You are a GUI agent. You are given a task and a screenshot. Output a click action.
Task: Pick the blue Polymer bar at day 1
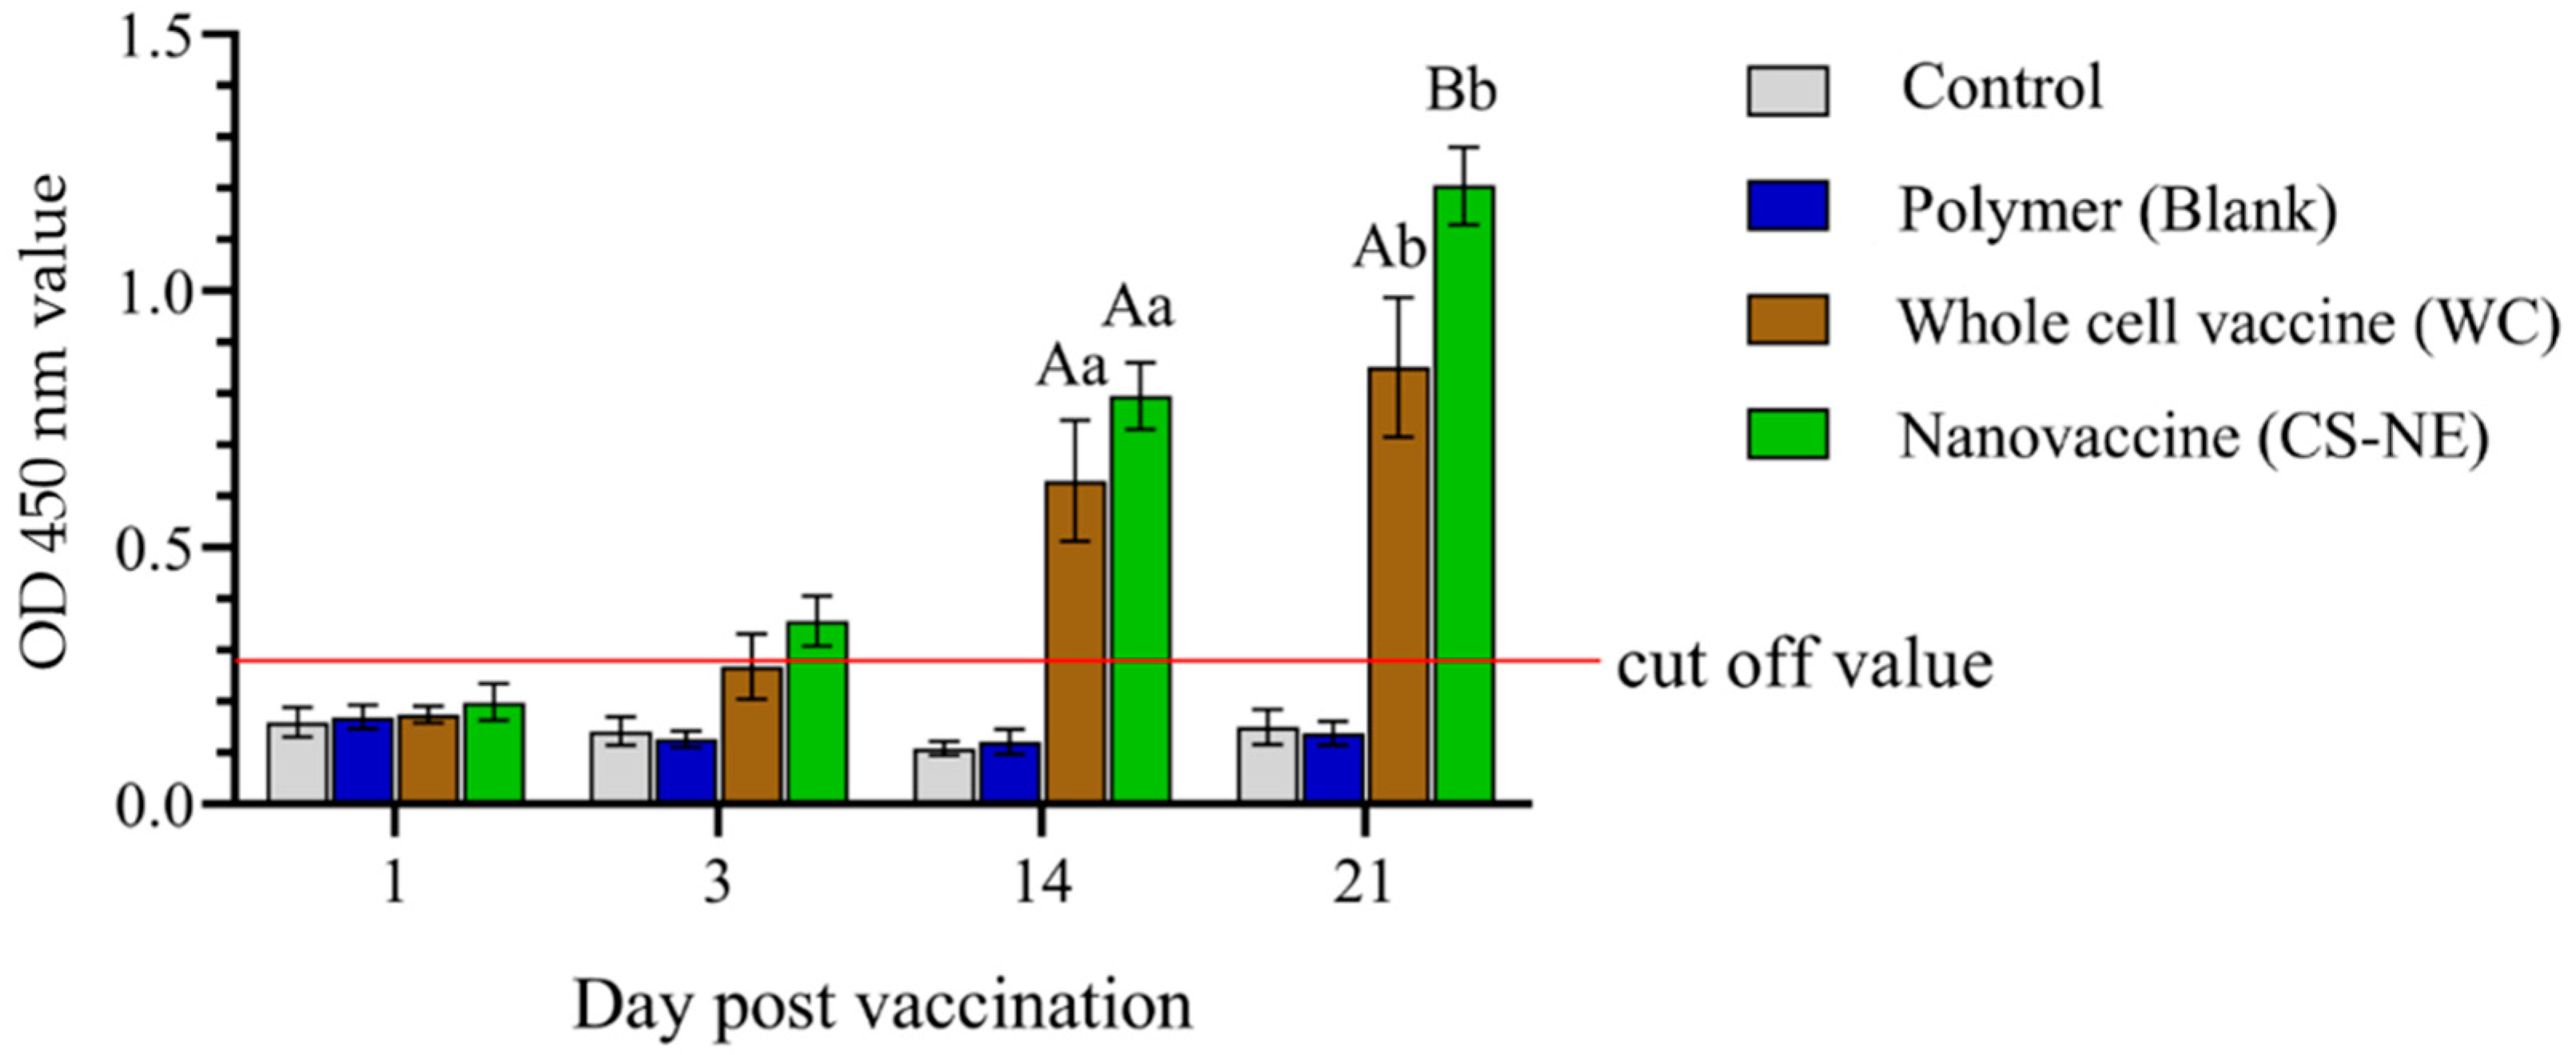[362, 758]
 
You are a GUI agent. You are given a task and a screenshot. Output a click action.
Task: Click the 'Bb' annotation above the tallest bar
[1462, 92]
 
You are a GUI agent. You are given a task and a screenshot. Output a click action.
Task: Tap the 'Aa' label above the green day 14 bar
[1138, 308]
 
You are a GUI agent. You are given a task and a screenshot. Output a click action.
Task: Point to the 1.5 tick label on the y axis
[160, 36]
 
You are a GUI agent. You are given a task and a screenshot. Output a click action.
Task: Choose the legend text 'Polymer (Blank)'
[2116, 209]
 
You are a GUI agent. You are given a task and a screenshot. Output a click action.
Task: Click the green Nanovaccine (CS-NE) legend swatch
[1787, 434]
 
